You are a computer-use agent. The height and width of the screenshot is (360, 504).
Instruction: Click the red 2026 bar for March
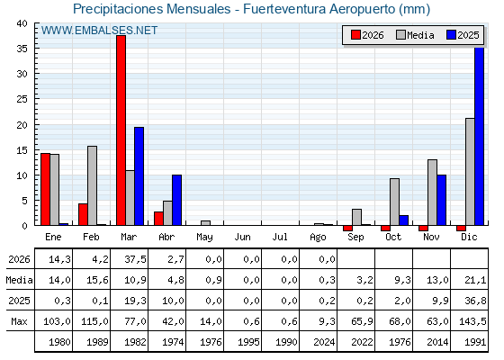(121, 130)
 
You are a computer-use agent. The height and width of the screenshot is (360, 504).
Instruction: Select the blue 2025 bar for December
(479, 136)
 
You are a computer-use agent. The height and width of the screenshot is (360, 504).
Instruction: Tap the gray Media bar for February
(92, 185)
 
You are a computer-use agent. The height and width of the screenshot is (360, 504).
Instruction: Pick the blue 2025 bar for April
(176, 200)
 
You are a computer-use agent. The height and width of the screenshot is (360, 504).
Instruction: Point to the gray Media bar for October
(395, 202)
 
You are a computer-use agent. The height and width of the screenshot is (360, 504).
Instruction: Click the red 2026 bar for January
(46, 189)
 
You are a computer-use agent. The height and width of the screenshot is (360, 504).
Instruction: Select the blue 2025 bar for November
(441, 200)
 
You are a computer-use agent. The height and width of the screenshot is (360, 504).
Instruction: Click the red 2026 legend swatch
(355, 35)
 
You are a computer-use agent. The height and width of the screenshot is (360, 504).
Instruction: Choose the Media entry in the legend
(415, 35)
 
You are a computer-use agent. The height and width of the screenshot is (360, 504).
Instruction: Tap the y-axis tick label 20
(22, 125)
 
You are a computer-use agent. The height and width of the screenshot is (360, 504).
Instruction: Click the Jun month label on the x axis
(242, 238)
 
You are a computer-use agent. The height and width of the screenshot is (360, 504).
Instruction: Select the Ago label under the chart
(318, 238)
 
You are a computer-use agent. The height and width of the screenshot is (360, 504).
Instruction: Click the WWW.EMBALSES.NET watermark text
(99, 31)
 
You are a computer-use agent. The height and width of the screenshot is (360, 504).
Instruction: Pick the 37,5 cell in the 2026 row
(135, 259)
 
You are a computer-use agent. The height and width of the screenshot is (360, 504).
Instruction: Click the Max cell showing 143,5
(472, 321)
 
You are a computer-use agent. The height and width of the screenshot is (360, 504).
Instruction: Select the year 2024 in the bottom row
(324, 342)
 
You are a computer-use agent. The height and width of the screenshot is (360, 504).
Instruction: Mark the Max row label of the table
(19, 321)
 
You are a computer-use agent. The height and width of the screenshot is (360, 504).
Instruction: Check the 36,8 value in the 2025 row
(475, 301)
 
